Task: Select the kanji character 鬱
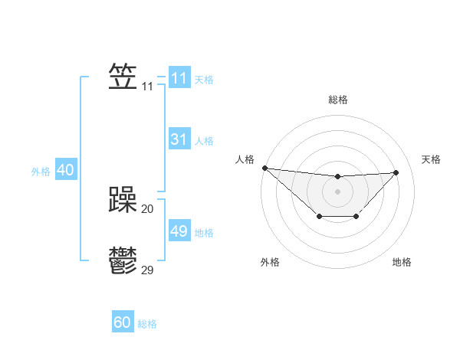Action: [123, 260]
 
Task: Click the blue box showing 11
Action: [179, 78]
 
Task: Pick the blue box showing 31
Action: [179, 139]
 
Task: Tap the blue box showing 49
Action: [179, 231]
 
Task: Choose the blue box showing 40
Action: [65, 170]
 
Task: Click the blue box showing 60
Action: [123, 322]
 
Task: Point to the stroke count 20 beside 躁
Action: [148, 208]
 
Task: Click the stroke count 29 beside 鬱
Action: [148, 270]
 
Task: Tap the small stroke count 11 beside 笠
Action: [147, 87]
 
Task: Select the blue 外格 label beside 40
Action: [41, 172]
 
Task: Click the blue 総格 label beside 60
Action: [147, 324]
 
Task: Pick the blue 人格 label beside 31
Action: [204, 141]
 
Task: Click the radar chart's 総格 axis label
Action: [337, 100]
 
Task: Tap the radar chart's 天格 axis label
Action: [431, 159]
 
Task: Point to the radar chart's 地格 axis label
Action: [402, 262]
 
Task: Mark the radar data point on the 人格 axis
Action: [264, 168]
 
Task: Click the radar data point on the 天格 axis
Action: [396, 172]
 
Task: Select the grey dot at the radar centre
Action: [337, 191]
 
